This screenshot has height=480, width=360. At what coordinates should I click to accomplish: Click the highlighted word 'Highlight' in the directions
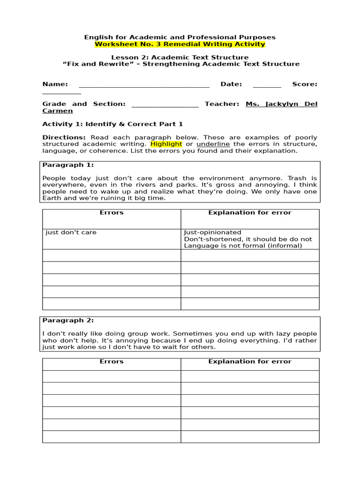pyautogui.click(x=166, y=144)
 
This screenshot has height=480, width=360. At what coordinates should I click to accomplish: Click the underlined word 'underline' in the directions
pyautogui.click(x=210, y=144)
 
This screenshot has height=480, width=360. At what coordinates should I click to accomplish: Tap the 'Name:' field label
pyautogui.click(x=55, y=84)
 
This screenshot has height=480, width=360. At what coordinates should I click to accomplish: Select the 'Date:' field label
pyautogui.click(x=231, y=84)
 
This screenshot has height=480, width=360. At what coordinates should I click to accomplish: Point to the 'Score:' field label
pyautogui.click(x=305, y=84)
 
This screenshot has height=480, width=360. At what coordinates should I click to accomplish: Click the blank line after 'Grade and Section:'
pyautogui.click(x=165, y=104)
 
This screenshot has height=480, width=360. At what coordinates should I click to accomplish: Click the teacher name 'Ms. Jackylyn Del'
pyautogui.click(x=281, y=104)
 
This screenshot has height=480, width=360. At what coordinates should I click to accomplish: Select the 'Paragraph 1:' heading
pyautogui.click(x=68, y=165)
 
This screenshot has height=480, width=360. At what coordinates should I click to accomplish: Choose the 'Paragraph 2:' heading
pyautogui.click(x=68, y=321)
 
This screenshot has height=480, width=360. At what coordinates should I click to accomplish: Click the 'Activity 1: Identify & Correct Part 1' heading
pyautogui.click(x=112, y=124)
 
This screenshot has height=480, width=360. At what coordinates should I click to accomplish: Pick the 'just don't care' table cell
pyautogui.click(x=71, y=232)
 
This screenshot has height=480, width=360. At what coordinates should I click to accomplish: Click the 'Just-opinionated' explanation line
pyautogui.click(x=212, y=232)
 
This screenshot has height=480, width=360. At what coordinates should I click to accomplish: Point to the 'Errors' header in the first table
pyautogui.click(x=112, y=213)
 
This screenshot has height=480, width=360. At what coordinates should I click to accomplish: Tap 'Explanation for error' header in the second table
pyautogui.click(x=250, y=361)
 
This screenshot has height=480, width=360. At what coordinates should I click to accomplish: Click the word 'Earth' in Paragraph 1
pyautogui.click(x=52, y=198)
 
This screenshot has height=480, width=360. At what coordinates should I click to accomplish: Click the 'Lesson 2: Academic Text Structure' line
pyautogui.click(x=180, y=58)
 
